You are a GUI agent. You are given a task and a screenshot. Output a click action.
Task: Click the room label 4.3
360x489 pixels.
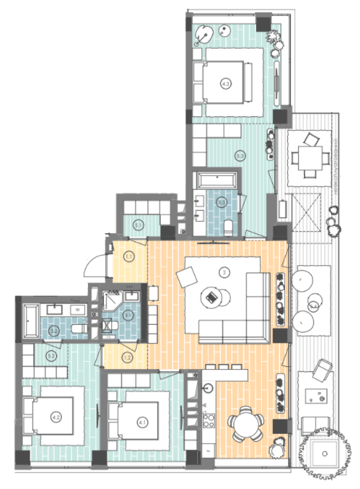coord(225,84)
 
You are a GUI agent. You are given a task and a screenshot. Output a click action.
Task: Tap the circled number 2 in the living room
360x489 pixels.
coord(225,272)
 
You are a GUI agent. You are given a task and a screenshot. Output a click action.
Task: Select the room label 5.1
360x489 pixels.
coord(138,225)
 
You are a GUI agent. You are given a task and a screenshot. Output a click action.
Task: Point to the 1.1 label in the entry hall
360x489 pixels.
coord(128,256)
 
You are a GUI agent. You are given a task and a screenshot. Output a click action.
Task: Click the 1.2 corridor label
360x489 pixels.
coord(127,357)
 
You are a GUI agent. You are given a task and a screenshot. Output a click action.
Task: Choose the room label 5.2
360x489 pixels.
coord(51,356)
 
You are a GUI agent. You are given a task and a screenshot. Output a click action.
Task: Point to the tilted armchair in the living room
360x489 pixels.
coord(186,276)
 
